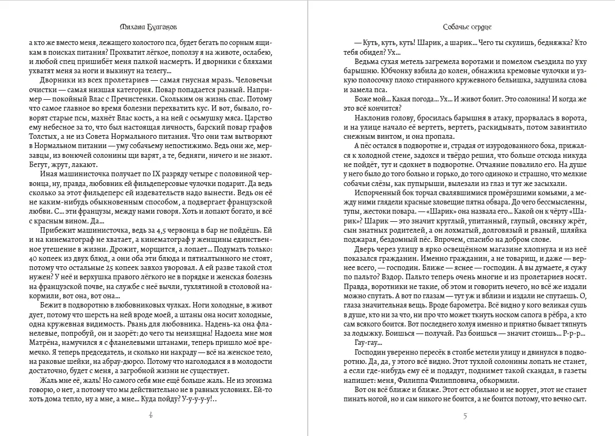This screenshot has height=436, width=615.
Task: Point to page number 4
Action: point(150,416)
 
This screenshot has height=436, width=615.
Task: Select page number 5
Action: point(465,416)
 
